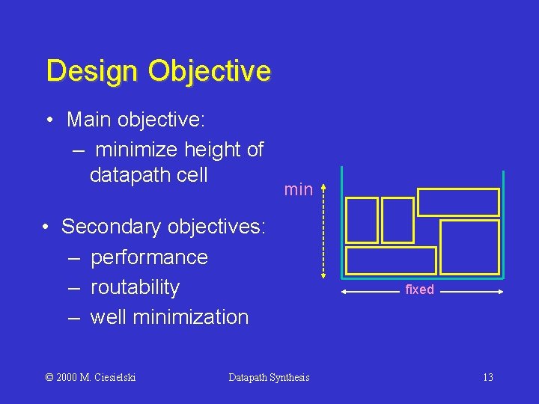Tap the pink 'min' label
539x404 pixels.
click(298, 190)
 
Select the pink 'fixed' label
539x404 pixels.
click(419, 290)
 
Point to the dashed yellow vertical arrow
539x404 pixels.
click(323, 230)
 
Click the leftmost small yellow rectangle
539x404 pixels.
click(362, 220)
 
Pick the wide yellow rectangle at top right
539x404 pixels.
click(457, 202)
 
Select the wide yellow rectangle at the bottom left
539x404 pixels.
click(392, 260)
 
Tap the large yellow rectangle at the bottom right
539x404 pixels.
click(469, 247)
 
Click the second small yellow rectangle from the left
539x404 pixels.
click(398, 220)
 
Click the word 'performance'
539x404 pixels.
click(149, 257)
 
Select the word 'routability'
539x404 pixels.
click(135, 287)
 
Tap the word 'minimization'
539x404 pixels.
click(191, 317)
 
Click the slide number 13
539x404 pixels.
click(487, 377)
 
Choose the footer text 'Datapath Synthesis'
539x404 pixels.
click(269, 377)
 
